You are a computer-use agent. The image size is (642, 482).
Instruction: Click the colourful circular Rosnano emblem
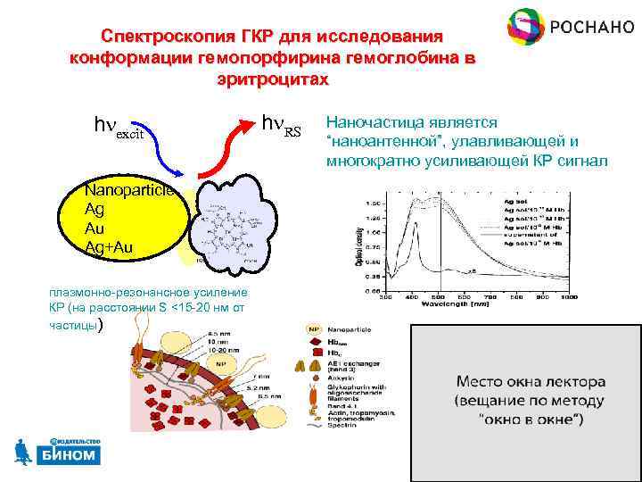[527, 28]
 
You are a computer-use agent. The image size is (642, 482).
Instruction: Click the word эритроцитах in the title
[272, 79]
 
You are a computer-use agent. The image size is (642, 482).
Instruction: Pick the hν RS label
[282, 127]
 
